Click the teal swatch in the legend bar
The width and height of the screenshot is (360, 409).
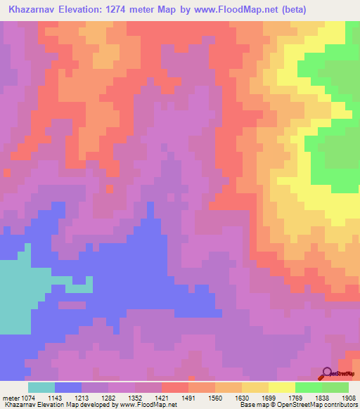[41, 387]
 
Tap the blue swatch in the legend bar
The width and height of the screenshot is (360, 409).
[68, 387]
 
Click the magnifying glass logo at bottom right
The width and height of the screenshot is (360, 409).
[328, 373]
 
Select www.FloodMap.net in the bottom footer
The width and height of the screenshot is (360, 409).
[147, 404]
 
